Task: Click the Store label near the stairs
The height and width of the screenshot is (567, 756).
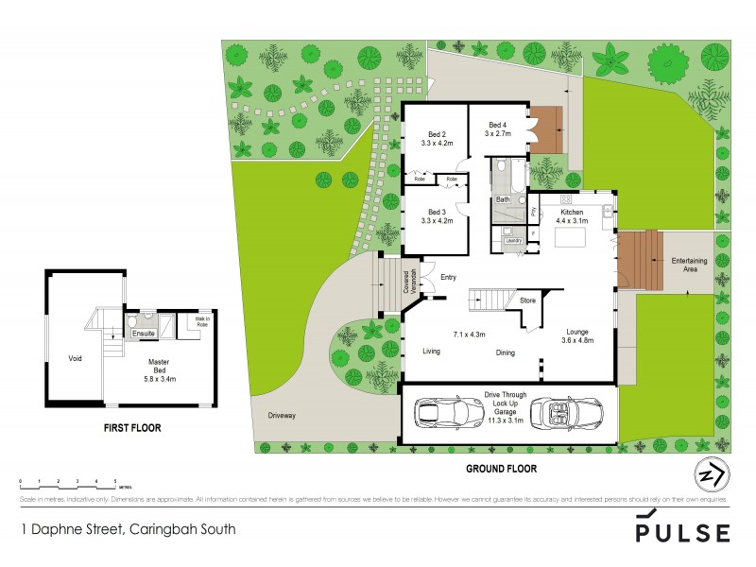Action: pos(526,301)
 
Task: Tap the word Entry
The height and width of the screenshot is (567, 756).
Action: pos(448,277)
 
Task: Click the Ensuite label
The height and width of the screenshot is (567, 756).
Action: pos(144,334)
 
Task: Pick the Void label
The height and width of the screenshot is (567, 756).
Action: pos(75,358)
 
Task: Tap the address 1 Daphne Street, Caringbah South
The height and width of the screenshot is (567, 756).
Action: pos(128,530)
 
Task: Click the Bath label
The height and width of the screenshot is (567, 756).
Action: pos(503,199)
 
